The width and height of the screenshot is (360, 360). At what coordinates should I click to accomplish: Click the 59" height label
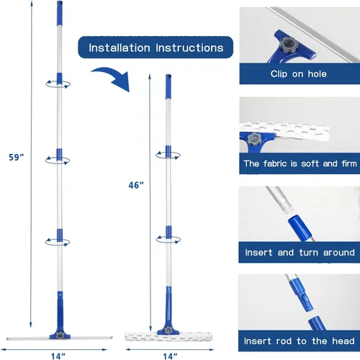17,157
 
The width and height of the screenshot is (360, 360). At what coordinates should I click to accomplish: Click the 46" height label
136,185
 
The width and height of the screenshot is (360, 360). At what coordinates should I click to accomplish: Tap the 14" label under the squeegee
58,356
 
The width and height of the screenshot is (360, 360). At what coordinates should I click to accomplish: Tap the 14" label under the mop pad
170,356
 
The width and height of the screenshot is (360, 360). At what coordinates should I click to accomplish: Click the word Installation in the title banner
120,48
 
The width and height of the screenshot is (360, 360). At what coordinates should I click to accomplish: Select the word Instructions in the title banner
189,48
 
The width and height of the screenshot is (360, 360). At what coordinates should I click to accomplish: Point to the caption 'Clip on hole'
299,73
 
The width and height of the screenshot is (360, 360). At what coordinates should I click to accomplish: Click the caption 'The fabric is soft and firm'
300,163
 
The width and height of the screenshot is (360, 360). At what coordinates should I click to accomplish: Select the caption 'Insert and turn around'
300,253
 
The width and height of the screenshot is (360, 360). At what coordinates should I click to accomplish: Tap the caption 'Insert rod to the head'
300,341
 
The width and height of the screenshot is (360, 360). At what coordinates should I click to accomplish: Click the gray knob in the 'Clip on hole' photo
289,45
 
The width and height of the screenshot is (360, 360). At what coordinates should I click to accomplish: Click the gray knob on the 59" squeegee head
60,334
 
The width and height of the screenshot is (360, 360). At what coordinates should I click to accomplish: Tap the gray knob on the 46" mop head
168,330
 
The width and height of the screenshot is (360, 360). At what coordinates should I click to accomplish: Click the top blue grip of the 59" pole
60,13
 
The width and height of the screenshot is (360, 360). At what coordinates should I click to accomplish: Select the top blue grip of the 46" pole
168,86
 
